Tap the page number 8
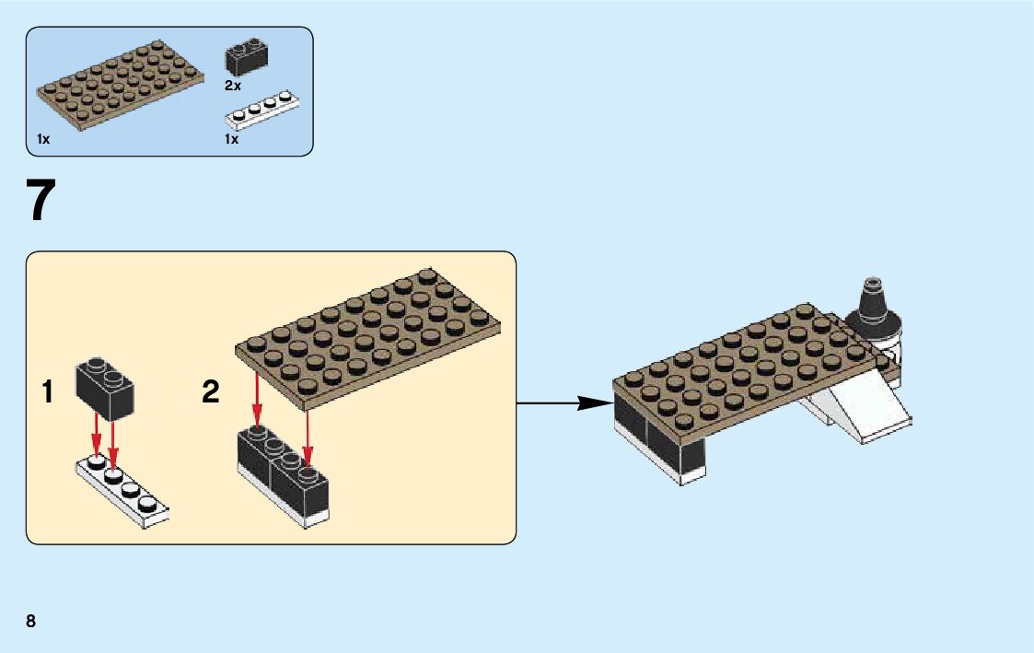click(x=31, y=621)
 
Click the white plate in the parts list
click(x=262, y=110)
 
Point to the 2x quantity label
click(x=232, y=85)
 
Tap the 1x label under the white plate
click(x=231, y=139)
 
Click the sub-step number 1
click(x=47, y=393)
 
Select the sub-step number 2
click(x=211, y=393)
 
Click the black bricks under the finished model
click(x=658, y=442)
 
